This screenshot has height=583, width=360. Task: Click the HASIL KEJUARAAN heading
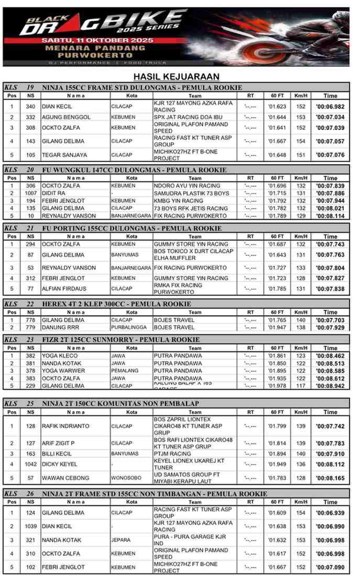click(x=176, y=77)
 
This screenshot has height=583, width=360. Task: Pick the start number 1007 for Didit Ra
click(x=30, y=193)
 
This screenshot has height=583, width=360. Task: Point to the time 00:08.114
click(x=330, y=216)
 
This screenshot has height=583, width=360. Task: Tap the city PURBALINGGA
click(x=129, y=327)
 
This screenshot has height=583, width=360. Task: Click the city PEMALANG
click(x=124, y=371)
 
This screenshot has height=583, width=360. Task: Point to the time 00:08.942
click(x=330, y=386)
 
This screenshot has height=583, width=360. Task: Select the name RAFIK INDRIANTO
click(x=66, y=426)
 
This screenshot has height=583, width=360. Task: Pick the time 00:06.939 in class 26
click(x=330, y=513)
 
